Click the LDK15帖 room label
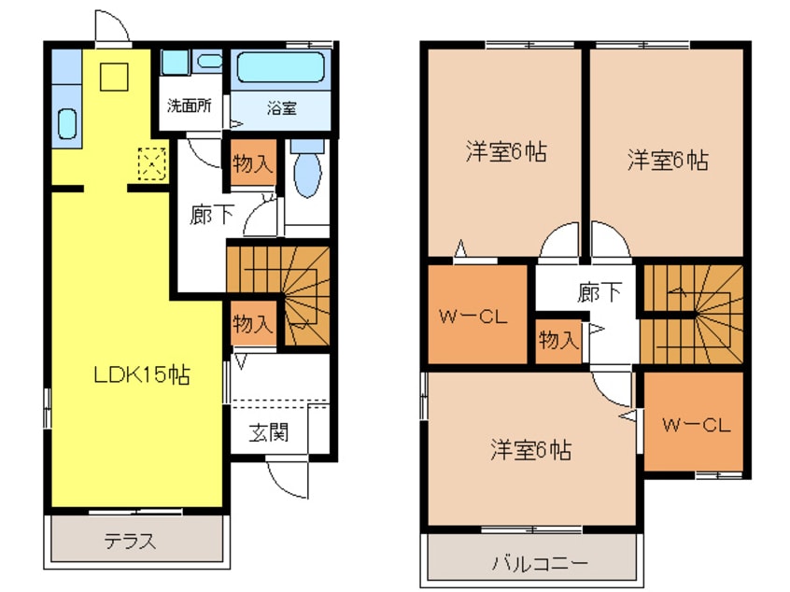coord(142,375)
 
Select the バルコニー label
coord(541,564)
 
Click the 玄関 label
coord(268,433)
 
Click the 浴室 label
coord(281,107)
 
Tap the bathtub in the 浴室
coord(280,68)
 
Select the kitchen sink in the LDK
coord(67,122)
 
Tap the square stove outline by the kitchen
coord(112,77)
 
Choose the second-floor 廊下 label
coord(600,292)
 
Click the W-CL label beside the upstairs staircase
coord(695,426)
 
